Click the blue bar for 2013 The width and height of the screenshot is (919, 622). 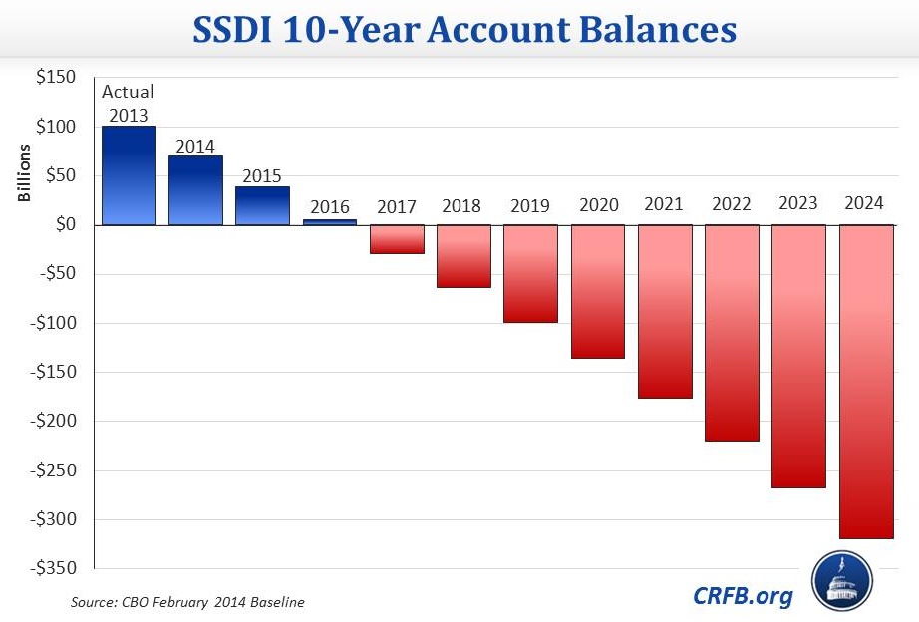point(129,175)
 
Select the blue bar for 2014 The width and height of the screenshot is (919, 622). point(195,190)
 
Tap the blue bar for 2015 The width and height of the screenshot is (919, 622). point(262,206)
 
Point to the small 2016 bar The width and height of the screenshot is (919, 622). point(330,222)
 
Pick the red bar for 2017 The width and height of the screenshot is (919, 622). point(397,239)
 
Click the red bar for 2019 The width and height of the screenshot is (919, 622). point(530,274)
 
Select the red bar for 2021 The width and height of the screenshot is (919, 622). point(665,312)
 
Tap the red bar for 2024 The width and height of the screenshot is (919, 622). point(865,382)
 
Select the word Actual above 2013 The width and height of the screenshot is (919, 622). point(129,92)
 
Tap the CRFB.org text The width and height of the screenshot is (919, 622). point(744,596)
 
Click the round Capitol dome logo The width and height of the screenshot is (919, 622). point(842,581)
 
